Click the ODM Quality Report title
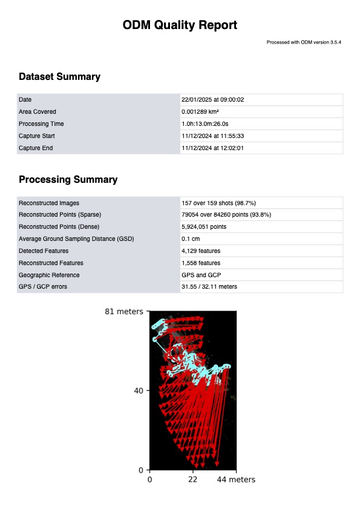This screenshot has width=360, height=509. coord(180,25)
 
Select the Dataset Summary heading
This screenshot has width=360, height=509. coord(59,77)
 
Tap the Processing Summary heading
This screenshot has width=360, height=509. coord(68,180)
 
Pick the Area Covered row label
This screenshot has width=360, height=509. coord(38,112)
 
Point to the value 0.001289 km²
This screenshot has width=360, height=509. coord(200,112)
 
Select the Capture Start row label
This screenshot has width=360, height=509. coord(37,136)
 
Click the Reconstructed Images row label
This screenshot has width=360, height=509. coord(49,203)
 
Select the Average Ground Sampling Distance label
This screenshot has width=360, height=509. coord(76,239)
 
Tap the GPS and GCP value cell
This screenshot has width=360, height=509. coord(198,275)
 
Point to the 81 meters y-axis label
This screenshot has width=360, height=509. coord(124,312)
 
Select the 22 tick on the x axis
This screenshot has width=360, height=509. coord(193,479)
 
